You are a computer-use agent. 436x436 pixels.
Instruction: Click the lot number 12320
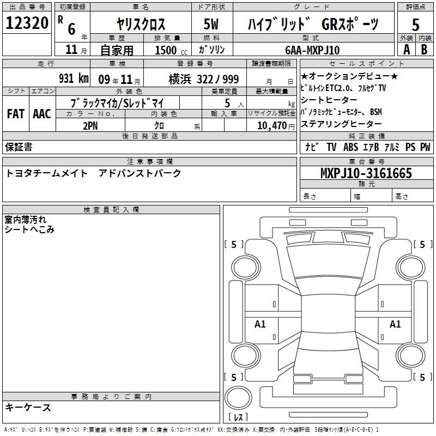pos(27,23)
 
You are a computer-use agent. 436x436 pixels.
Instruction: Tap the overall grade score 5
pos(415,25)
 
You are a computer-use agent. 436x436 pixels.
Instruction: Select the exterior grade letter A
pos(407,50)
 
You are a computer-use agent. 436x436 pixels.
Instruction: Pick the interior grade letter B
pos(424,50)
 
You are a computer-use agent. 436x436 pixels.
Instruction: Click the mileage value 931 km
pos(74,78)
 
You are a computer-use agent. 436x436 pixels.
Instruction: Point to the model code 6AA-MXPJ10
pos(312,50)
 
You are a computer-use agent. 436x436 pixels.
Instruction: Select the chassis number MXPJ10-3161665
pos(366,173)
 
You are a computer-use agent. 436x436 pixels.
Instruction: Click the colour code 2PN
pos(90,126)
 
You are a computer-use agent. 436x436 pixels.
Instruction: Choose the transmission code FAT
pos(16,114)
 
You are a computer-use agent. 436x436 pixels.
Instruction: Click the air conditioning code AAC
pos(42,114)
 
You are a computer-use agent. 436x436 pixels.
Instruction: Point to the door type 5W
pos(211,24)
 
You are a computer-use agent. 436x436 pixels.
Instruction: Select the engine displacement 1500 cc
pos(171,50)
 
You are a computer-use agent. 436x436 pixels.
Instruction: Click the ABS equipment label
pos(350,147)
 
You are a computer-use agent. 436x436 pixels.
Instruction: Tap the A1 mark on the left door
pos(260,324)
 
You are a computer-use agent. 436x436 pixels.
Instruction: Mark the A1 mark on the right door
pos(395,324)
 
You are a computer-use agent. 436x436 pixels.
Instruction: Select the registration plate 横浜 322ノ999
pos(203,80)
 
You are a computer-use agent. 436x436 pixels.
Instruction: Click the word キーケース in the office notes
pos(28,408)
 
